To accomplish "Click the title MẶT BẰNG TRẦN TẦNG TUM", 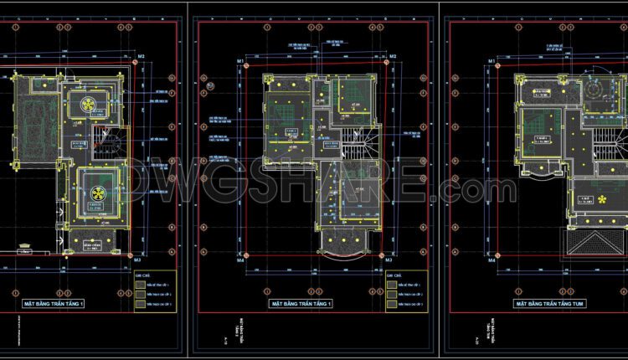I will [555, 303].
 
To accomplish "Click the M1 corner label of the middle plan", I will [240, 62].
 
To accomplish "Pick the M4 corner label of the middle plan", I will [240, 260].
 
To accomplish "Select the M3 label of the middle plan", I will [389, 260].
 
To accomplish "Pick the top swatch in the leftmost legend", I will [139, 283].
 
